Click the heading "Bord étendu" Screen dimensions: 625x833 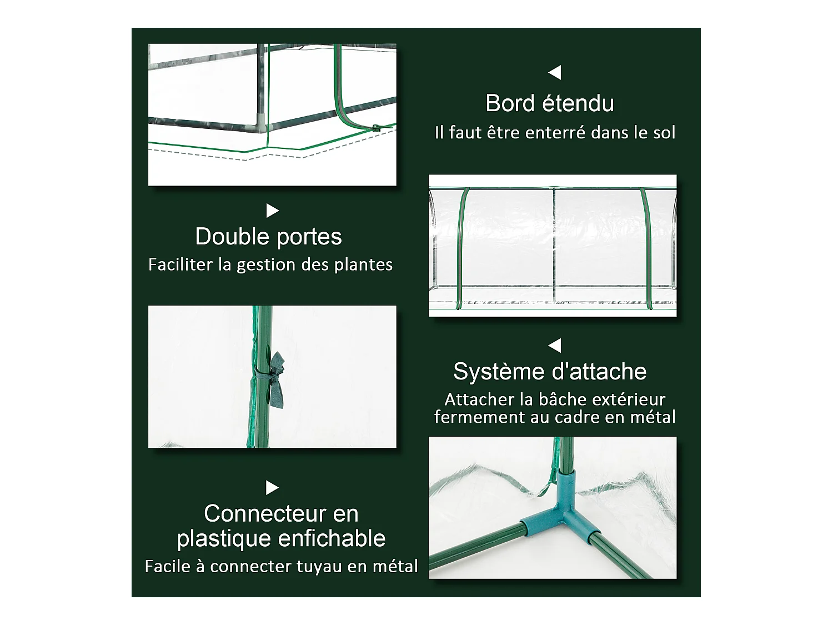550,103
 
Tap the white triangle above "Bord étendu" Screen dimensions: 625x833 555,73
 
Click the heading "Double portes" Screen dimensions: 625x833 268,237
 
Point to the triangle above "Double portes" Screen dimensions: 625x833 272,211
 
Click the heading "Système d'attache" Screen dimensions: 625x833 550,372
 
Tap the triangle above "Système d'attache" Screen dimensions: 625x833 555,346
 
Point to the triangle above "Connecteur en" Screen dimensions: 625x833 272,488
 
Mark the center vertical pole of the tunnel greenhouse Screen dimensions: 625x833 554,247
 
